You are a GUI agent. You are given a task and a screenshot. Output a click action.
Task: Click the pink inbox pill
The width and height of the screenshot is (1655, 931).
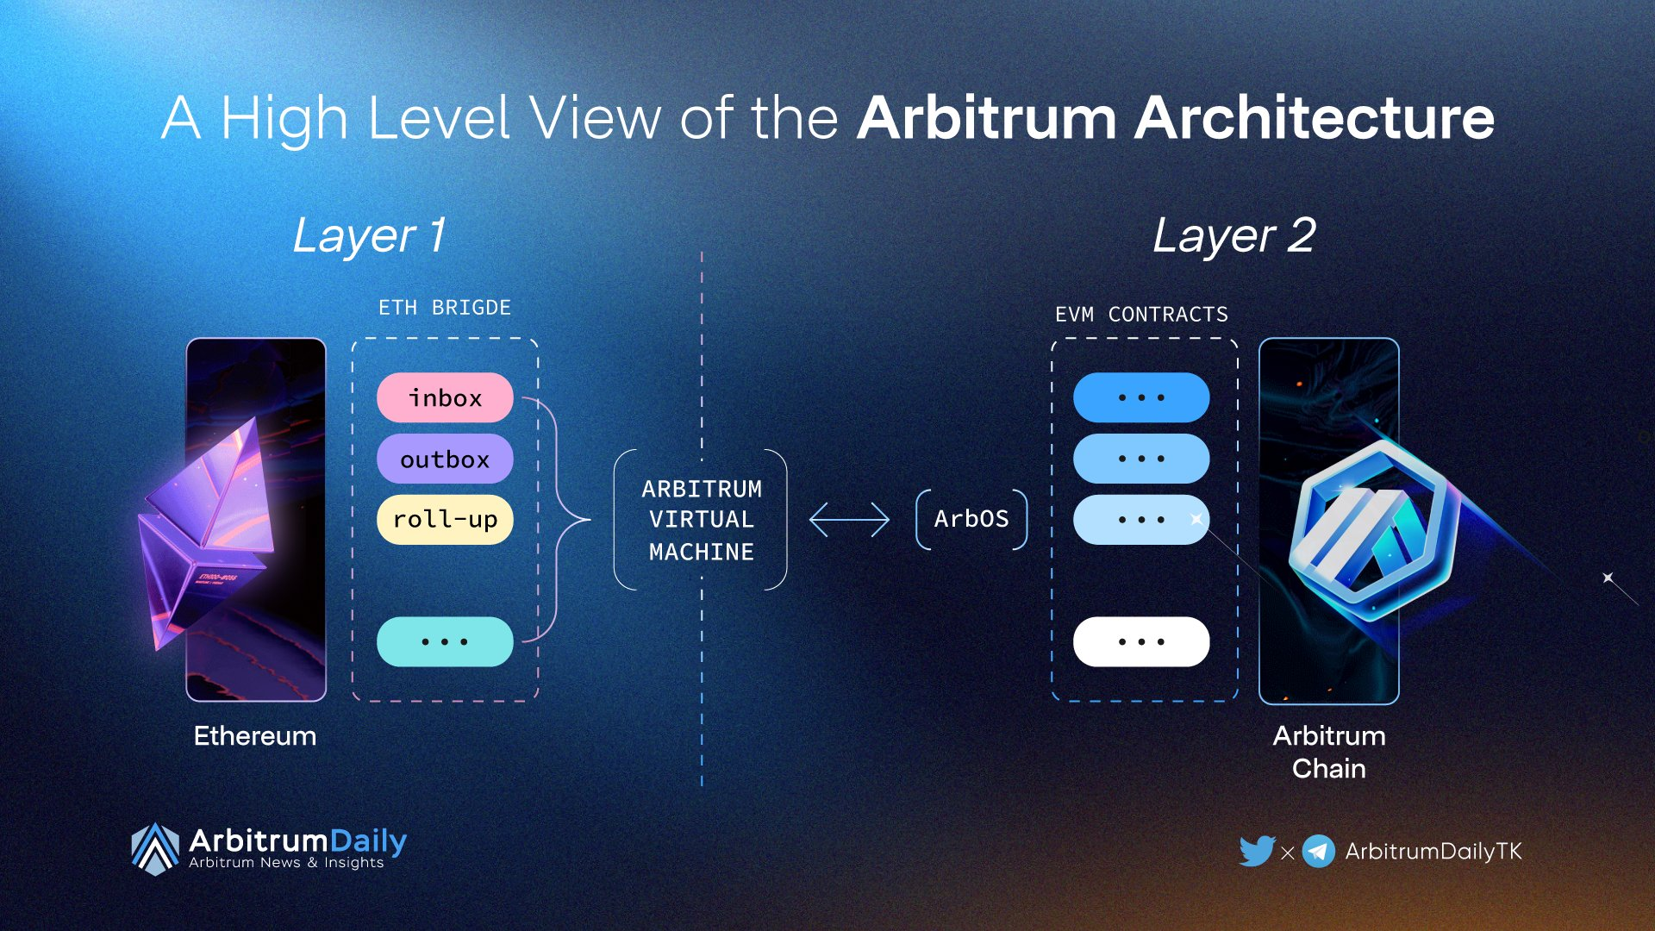pyautogui.click(x=445, y=397)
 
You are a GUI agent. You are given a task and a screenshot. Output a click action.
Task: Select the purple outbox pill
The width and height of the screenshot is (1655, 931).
pyautogui.click(x=445, y=459)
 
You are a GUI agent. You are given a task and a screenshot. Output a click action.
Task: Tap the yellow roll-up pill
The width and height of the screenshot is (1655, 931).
pyautogui.click(x=445, y=520)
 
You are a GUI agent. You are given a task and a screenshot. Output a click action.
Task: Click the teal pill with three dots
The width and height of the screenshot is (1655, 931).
pyautogui.click(x=445, y=641)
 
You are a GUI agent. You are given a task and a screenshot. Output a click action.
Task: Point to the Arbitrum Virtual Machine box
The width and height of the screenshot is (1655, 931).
pyautogui.click(x=701, y=520)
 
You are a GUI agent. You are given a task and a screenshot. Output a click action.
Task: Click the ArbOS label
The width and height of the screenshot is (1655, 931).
pyautogui.click(x=971, y=519)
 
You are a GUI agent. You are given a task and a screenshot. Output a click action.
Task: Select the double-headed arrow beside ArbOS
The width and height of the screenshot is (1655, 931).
pyautogui.click(x=849, y=520)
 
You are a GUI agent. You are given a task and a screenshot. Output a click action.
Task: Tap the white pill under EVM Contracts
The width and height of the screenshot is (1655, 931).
pyautogui.click(x=1141, y=641)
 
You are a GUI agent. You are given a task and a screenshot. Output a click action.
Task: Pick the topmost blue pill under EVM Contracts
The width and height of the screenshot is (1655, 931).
pyautogui.click(x=1141, y=397)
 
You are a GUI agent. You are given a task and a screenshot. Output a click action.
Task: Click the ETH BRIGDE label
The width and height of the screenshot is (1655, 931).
pyautogui.click(x=445, y=308)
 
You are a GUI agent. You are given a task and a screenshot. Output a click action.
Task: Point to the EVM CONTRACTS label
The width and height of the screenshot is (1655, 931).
pyautogui.click(x=1141, y=315)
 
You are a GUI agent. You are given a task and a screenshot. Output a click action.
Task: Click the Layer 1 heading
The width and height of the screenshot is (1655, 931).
pyautogui.click(x=369, y=235)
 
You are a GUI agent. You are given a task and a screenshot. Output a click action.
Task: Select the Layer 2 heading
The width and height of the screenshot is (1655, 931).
pyautogui.click(x=1234, y=235)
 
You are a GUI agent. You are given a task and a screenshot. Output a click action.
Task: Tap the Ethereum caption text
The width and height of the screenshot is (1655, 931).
pyautogui.click(x=255, y=736)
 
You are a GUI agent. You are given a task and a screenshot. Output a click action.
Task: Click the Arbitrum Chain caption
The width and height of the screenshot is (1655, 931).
pyautogui.click(x=1329, y=752)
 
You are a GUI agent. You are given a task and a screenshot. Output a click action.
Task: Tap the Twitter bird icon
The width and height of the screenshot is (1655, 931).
pyautogui.click(x=1257, y=851)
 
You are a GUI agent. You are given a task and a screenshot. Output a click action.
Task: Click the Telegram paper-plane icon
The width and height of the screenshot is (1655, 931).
pyautogui.click(x=1319, y=851)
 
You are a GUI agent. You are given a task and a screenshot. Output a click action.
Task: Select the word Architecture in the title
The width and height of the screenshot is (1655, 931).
pyautogui.click(x=1315, y=118)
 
